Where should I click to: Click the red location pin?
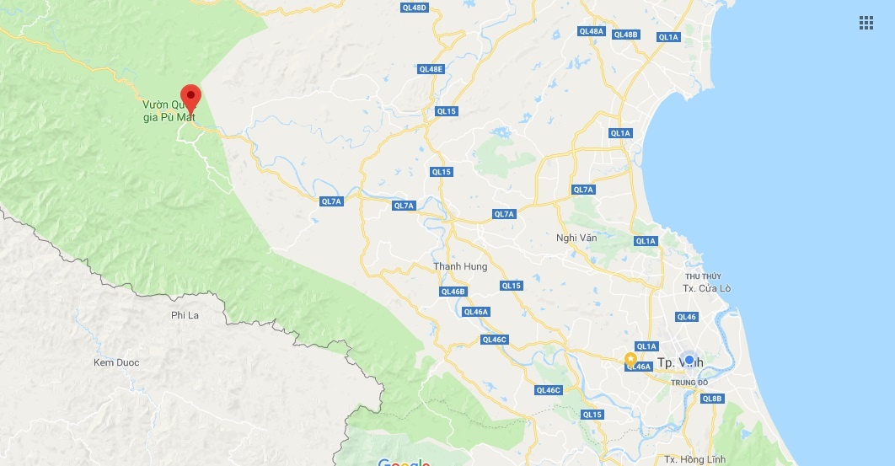190,98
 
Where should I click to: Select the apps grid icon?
866,23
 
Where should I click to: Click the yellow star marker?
630,359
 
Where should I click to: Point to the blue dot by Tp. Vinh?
689,360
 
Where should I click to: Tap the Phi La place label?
184,314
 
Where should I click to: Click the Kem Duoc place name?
116,362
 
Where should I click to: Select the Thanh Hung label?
460,266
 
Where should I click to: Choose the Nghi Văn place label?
576,238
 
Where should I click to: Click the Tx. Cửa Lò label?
706,288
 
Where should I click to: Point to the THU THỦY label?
703,276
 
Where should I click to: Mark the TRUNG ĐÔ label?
689,383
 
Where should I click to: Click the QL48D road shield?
414,8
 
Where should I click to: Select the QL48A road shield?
592,31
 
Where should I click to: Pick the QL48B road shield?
626,35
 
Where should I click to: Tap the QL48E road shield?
430,68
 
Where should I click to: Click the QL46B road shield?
453,292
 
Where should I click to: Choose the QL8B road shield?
712,398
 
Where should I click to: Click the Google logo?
404,462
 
